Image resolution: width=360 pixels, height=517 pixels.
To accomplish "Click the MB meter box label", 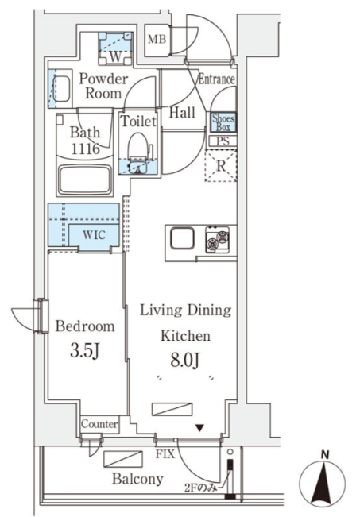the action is pos(157,40).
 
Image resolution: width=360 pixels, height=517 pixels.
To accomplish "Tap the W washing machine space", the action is pos(115,48).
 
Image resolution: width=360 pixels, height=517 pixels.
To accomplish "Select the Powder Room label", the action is pos(103,86).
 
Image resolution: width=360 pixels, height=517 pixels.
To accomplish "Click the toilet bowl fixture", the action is pos(137,146).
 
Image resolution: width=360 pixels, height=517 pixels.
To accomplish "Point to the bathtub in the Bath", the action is pos(85,179).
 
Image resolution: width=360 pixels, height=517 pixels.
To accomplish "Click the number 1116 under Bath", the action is pos(86,149).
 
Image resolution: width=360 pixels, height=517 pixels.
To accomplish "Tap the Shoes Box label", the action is pos(223,122).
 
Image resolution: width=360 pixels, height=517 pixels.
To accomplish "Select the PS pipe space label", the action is pos(223,141).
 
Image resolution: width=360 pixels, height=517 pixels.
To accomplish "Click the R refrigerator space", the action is pos(221,165).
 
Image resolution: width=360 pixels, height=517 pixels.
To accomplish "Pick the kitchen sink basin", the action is pos(182,238).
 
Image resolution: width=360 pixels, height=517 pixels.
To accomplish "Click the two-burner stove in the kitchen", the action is pos(218,239).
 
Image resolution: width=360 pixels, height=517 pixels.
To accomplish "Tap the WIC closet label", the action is pos(94,235).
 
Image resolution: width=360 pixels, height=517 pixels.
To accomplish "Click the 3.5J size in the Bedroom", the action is pos(85,351).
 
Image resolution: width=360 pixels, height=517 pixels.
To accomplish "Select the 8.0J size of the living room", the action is pos(185,361).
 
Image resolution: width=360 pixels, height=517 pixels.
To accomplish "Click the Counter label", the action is pos(99,424).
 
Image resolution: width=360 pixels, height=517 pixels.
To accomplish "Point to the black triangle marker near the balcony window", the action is pos(199,428).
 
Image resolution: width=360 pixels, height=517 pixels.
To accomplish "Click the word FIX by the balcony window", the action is pos(165,454).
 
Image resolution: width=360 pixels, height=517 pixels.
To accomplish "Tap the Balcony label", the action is pos(137,479).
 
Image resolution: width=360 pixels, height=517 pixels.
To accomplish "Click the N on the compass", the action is pos(325,455).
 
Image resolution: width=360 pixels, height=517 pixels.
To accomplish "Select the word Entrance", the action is pos(216,79).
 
